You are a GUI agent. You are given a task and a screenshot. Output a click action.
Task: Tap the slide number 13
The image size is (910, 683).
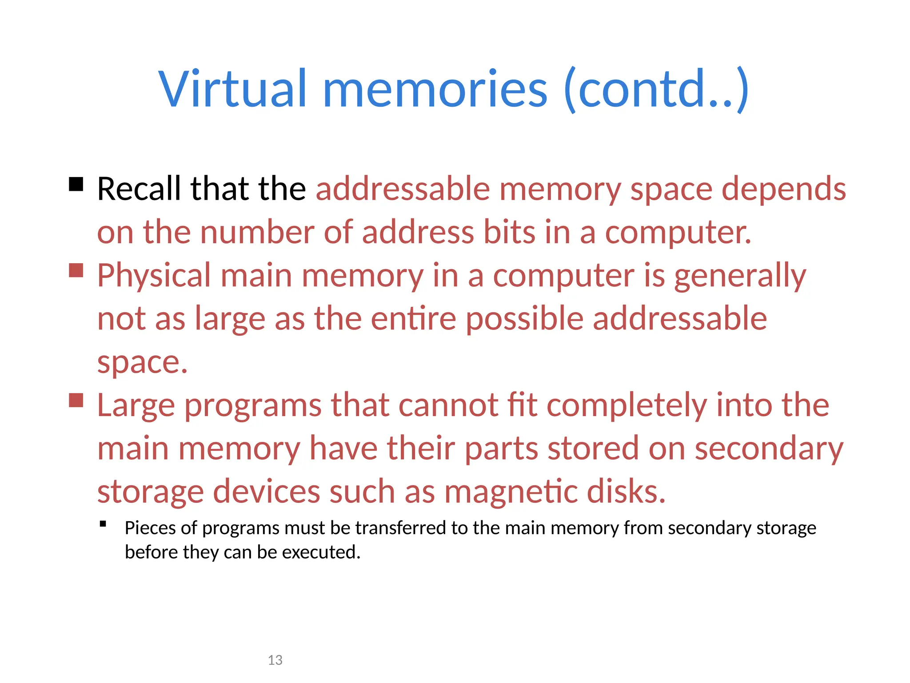(x=275, y=660)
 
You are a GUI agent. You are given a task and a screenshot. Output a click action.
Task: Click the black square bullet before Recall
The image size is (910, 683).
(x=76, y=184)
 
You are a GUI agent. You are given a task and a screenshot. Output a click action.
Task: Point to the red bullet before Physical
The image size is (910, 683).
(x=76, y=270)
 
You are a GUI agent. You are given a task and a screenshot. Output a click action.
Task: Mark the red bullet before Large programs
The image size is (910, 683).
(x=76, y=400)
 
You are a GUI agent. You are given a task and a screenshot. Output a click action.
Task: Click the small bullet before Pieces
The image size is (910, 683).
(x=103, y=524)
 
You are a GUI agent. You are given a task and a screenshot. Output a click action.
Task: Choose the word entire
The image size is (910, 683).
(x=413, y=319)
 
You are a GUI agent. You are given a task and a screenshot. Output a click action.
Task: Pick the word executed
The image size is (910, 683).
(x=321, y=552)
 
